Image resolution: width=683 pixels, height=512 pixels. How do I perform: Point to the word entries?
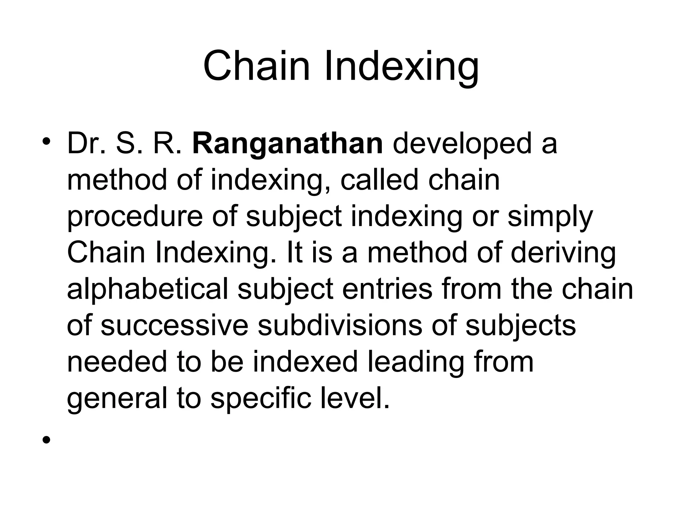(x=387, y=289)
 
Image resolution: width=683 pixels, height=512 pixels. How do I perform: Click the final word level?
(x=355, y=398)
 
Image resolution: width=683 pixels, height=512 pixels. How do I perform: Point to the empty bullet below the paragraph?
(x=46, y=440)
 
